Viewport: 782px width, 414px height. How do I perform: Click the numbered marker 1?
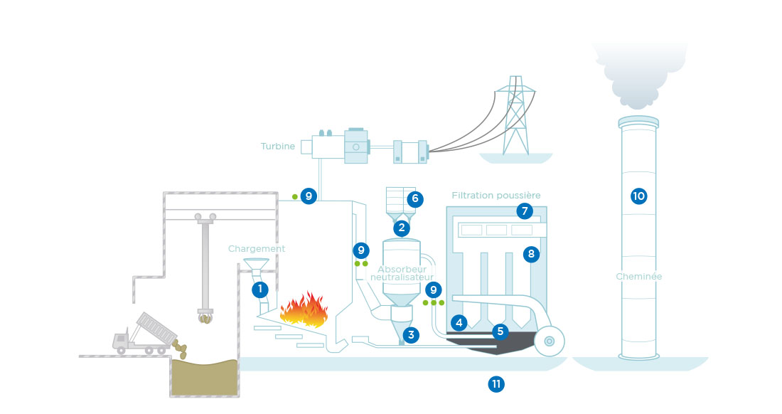[259, 290]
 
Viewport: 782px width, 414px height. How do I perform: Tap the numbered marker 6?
[415, 199]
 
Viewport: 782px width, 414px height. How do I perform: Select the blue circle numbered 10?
[639, 196]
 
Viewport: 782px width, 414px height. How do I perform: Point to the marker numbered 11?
[496, 384]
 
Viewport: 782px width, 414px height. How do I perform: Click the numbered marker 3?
[411, 335]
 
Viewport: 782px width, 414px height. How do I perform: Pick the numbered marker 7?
[525, 211]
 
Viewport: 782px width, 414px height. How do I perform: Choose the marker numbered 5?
[500, 331]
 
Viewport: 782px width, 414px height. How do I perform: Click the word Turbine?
[278, 146]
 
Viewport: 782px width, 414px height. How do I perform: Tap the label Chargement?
[257, 249]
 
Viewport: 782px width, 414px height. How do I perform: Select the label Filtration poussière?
[496, 195]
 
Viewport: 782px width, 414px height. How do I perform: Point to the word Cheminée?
[639, 276]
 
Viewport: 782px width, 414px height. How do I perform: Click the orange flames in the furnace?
[304, 309]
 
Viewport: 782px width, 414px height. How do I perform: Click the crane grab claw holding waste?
[205, 317]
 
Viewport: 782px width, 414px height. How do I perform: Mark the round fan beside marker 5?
[549, 341]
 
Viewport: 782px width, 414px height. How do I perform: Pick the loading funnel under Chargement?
[257, 265]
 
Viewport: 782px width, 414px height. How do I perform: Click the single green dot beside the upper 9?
[295, 197]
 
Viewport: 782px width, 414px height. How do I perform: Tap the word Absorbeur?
[402, 270]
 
